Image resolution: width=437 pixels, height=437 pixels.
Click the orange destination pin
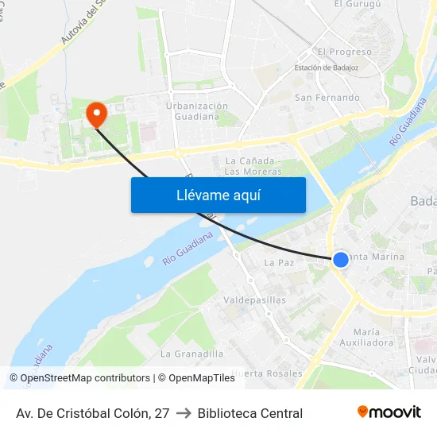(x=96, y=115)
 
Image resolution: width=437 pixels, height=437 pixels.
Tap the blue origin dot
(x=340, y=260)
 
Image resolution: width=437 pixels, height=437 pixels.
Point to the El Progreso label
(x=344, y=52)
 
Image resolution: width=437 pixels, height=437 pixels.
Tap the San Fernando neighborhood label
(x=327, y=98)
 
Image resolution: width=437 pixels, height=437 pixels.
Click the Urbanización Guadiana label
(x=196, y=111)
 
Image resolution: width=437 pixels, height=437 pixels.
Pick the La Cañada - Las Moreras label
(x=253, y=165)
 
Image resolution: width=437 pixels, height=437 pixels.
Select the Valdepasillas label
(x=255, y=300)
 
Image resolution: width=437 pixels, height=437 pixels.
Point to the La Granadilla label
(x=191, y=354)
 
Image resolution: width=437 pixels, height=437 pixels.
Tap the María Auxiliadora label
(x=373, y=337)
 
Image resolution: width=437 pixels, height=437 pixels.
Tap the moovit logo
(x=389, y=412)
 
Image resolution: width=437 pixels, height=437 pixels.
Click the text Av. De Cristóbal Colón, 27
(x=93, y=413)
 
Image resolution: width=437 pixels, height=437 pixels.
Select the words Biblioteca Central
(x=250, y=413)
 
